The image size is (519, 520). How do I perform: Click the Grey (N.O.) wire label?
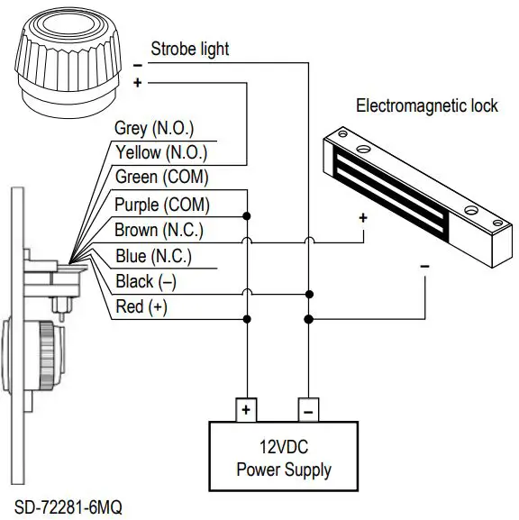pyautogui.click(x=154, y=129)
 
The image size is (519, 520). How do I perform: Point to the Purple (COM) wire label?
pyautogui.click(x=161, y=205)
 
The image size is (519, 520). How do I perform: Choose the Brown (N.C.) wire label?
pyautogui.click(x=159, y=231)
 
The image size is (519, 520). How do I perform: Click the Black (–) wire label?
pyautogui.click(x=145, y=282)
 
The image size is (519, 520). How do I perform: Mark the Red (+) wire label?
pyautogui.click(x=141, y=307)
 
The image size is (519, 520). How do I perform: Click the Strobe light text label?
pyautogui.click(x=189, y=48)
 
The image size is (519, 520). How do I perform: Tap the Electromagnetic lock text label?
pyautogui.click(x=427, y=105)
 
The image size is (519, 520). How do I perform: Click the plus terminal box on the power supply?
pyautogui.click(x=245, y=410)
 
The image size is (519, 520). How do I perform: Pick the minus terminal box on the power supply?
pyautogui.click(x=307, y=410)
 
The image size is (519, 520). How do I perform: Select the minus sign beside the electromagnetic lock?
pyautogui.click(x=424, y=267)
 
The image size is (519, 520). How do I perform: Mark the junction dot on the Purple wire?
pyautogui.click(x=246, y=215)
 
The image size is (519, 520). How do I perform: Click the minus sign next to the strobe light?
pyautogui.click(x=137, y=66)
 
